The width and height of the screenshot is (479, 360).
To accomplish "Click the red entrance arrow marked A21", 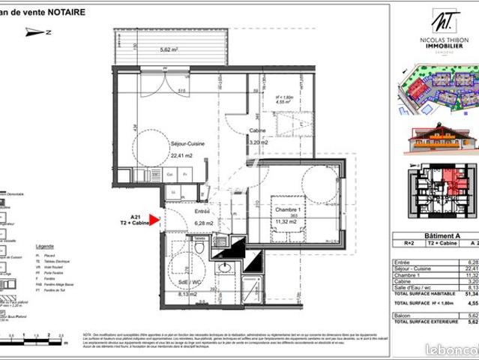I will (x=154, y=220).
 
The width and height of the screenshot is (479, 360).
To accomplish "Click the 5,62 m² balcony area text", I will (x=169, y=50).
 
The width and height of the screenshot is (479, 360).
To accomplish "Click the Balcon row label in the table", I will (x=403, y=316).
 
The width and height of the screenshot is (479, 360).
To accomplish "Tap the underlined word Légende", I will (x=45, y=246).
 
